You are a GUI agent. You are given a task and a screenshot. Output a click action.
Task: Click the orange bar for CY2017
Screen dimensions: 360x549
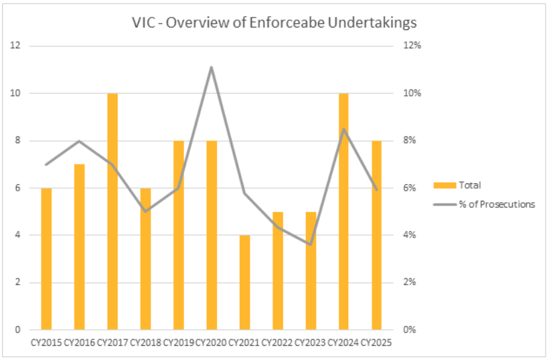coord(112,211)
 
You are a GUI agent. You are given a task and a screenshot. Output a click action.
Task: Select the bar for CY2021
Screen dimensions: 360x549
coord(244,282)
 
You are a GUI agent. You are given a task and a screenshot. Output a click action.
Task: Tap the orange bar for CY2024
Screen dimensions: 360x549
coord(343,211)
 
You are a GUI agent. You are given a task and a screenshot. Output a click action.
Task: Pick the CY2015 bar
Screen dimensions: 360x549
coord(46,259)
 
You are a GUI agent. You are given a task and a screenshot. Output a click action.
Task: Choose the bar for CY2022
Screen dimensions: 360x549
coord(277,270)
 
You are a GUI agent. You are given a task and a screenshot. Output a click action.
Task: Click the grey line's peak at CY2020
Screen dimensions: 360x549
coord(212,67)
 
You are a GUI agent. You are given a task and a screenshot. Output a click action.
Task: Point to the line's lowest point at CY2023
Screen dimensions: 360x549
coord(310,244)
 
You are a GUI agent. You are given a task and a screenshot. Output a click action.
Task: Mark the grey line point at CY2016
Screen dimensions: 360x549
coord(80,141)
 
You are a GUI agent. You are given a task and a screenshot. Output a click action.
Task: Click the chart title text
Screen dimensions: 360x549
coord(274,23)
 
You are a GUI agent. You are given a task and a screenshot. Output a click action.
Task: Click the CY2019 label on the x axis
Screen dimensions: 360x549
coord(178,343)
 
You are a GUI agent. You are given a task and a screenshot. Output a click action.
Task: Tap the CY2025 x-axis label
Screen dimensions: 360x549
coord(376,343)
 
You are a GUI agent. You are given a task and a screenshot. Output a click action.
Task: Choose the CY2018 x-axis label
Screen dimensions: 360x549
coord(145,343)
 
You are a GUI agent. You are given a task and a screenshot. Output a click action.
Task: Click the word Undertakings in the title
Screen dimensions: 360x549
coord(377,23)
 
